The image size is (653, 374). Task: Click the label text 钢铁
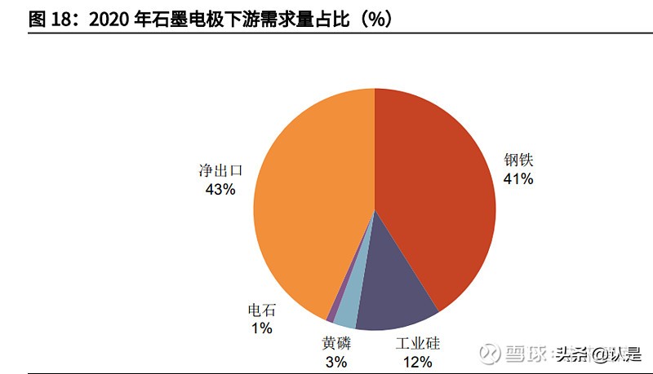pos(518,161)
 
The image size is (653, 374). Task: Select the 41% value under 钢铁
pos(518,179)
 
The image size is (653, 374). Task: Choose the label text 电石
pos(262,310)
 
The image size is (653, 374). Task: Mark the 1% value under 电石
pos(262,328)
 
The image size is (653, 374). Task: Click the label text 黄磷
pos(335,344)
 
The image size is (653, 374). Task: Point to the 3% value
pos(335,362)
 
